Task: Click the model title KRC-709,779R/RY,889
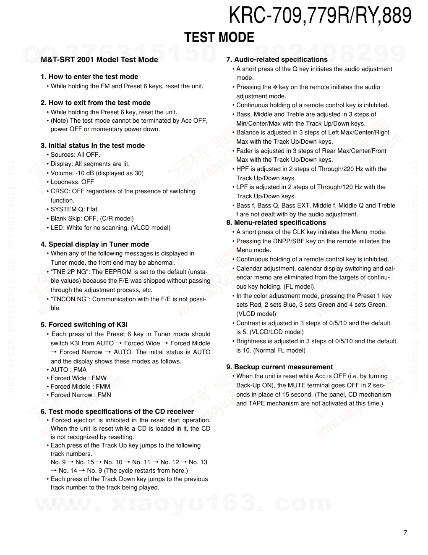[x=320, y=16]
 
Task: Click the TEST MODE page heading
[x=219, y=38]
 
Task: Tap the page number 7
[x=405, y=533]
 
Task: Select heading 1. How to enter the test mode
[x=89, y=77]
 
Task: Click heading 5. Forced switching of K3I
[x=84, y=325]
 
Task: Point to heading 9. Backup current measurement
[x=279, y=367]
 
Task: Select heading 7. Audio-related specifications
[x=277, y=60]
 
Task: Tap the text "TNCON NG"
[x=70, y=299]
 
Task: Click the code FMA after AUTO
[x=80, y=370]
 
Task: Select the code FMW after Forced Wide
[x=99, y=378]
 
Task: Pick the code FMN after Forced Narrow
[x=104, y=395]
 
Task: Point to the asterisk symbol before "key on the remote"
[x=275, y=87]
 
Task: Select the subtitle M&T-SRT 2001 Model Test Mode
[x=99, y=60]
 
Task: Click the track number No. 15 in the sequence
[x=85, y=462]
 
